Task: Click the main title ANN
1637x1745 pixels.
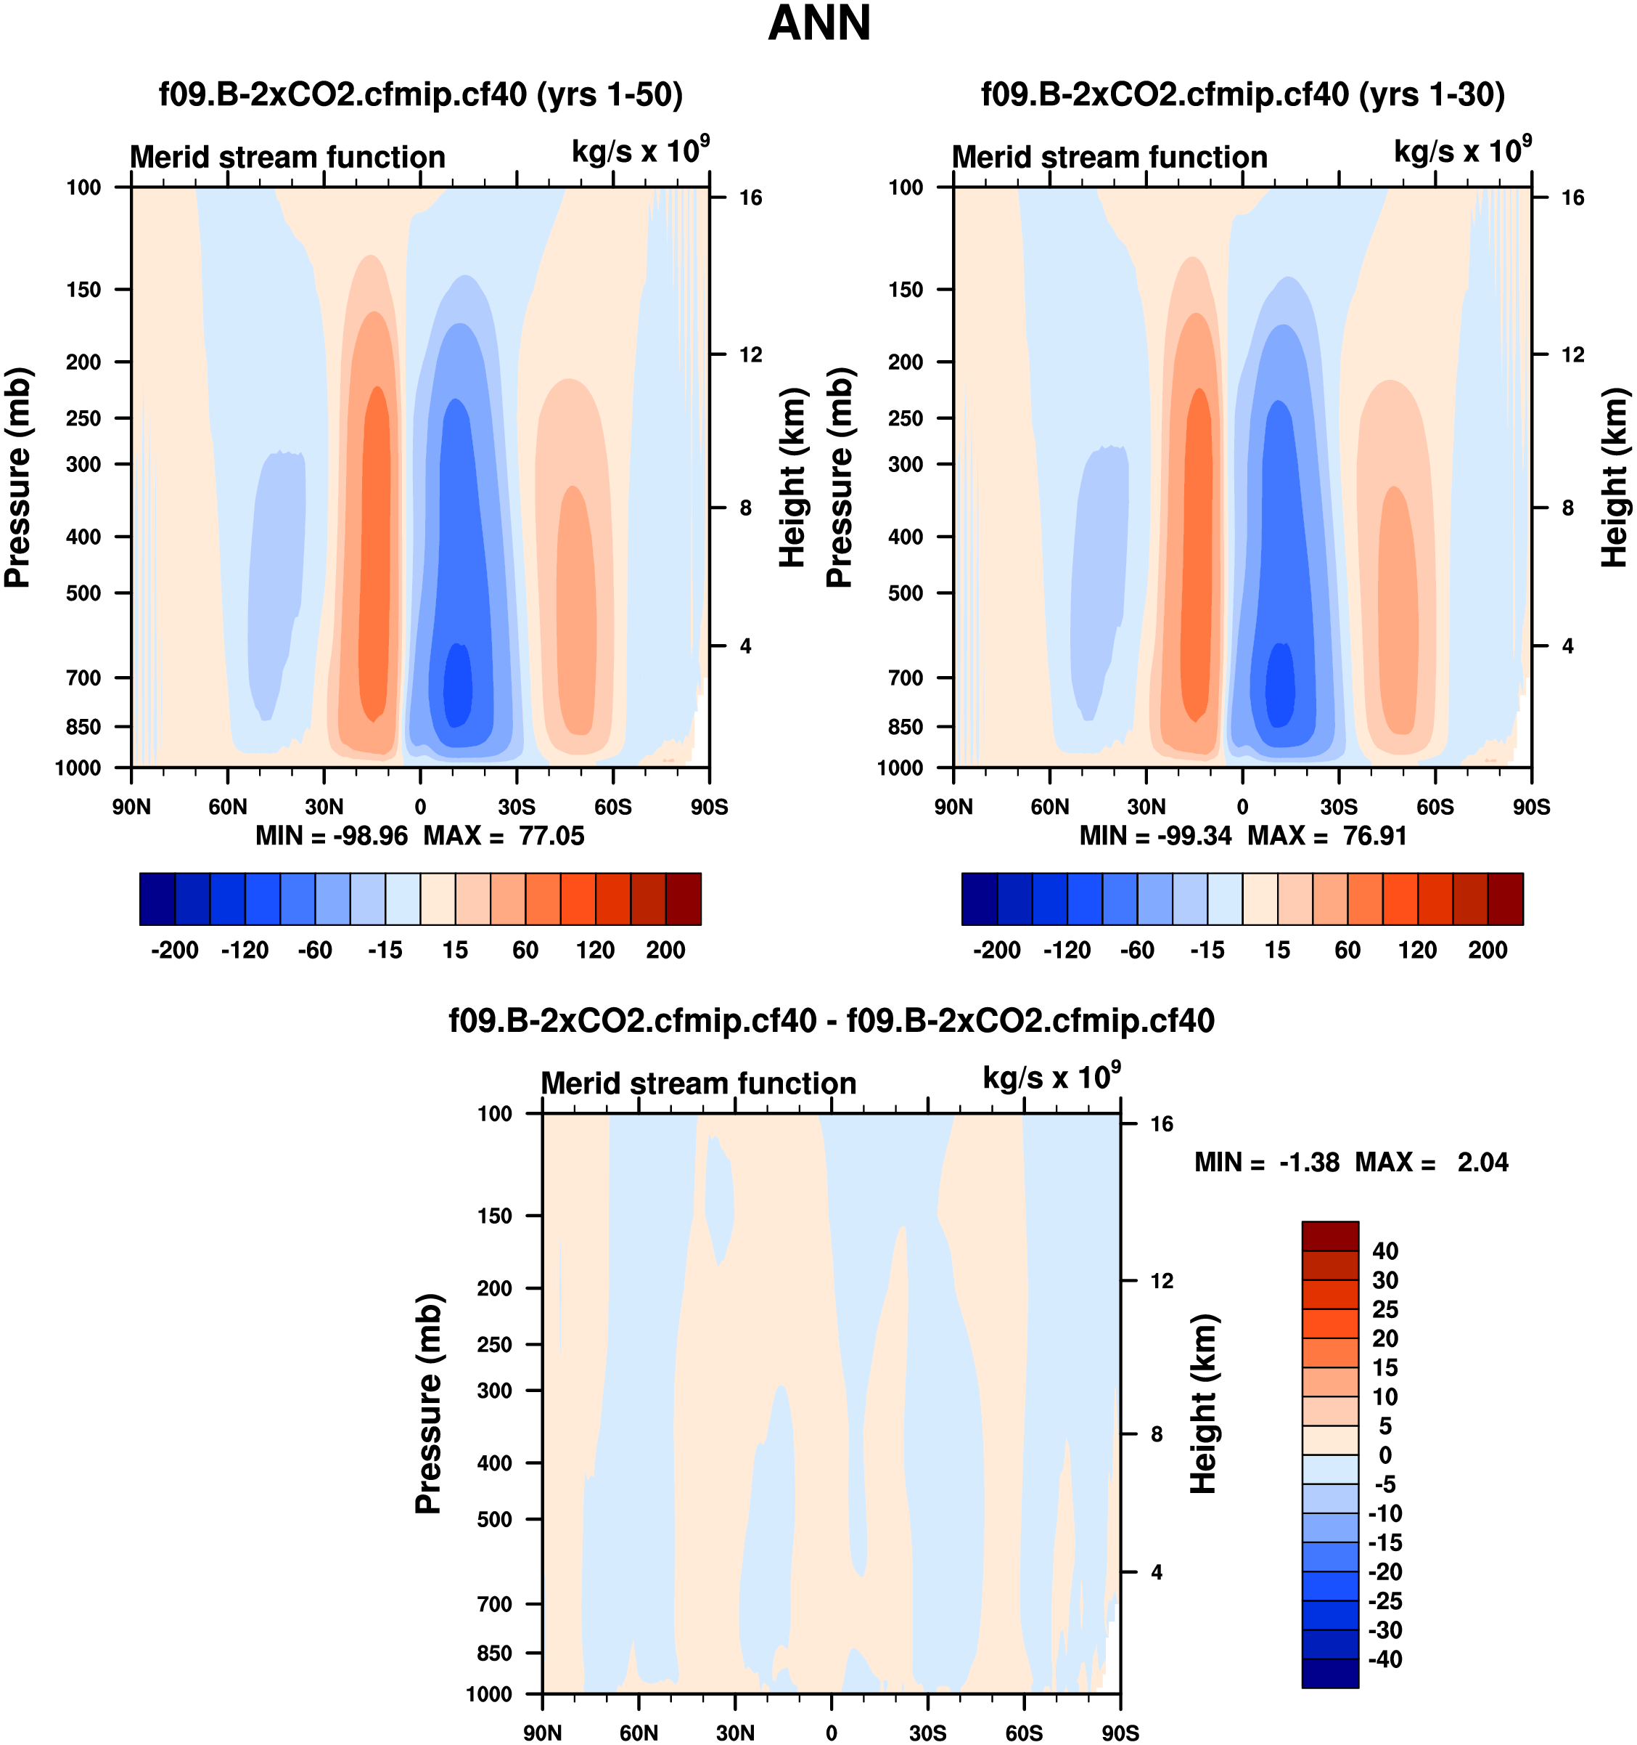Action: click(818, 24)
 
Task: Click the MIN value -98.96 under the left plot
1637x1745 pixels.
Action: click(369, 836)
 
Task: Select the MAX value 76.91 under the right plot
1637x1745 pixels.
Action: click(1375, 836)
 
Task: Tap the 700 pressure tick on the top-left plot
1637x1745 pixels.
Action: click(83, 678)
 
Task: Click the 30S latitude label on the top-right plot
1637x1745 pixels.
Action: click(1339, 807)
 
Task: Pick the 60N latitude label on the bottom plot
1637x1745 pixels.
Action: click(639, 1733)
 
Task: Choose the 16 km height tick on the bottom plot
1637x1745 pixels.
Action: click(1162, 1124)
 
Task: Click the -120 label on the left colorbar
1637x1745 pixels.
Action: click(245, 950)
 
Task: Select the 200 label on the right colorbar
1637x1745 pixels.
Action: click(1488, 950)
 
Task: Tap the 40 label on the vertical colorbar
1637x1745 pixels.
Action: click(1384, 1250)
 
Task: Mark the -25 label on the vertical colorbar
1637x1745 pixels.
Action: click(1384, 1600)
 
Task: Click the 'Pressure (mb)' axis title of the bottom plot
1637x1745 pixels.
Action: click(428, 1403)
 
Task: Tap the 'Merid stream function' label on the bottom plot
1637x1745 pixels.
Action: click(698, 1083)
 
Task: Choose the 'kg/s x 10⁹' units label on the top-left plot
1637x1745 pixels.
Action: click(639, 151)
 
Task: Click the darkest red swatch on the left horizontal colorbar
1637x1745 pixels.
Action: click(684, 899)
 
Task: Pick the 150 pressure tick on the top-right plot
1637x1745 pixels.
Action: click(906, 290)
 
